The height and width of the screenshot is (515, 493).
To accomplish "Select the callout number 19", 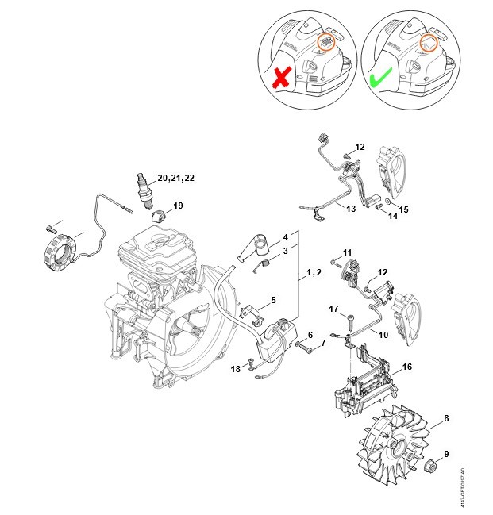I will point(178,206).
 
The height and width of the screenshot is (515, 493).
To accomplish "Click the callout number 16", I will point(407,367).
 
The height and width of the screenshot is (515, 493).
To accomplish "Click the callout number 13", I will point(350,208).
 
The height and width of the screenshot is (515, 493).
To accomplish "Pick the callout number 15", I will point(404,209).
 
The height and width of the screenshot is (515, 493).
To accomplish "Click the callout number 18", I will point(236,369).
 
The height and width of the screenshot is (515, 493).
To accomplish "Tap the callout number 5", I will point(273,300).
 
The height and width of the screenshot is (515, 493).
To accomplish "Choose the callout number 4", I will point(285,236).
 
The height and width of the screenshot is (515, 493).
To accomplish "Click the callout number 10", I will point(383,335).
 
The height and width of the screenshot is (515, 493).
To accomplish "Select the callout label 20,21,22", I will point(175,178).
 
